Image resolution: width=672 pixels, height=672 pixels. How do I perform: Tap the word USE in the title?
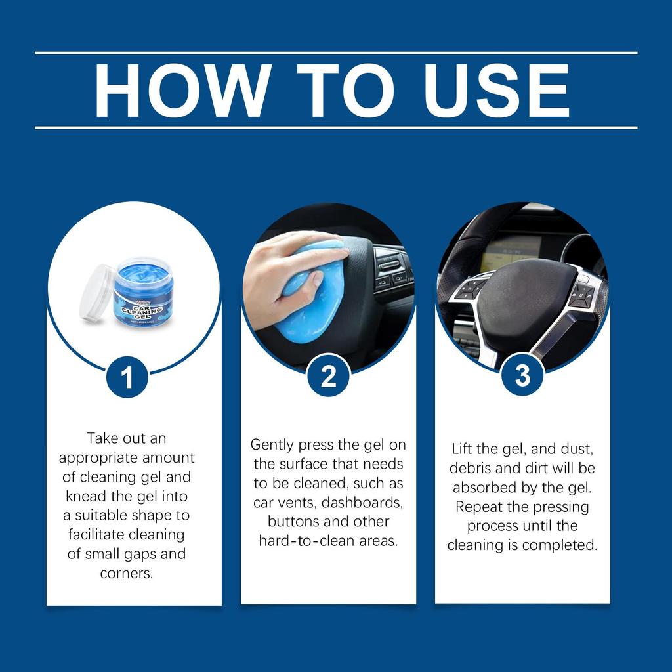(x=490, y=91)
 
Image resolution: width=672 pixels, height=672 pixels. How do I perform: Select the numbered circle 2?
(x=328, y=376)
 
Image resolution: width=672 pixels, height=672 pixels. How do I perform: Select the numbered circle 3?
(x=522, y=375)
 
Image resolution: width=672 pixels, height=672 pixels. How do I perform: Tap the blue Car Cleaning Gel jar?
(x=143, y=293)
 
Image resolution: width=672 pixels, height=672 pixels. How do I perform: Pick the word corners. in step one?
(x=127, y=573)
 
